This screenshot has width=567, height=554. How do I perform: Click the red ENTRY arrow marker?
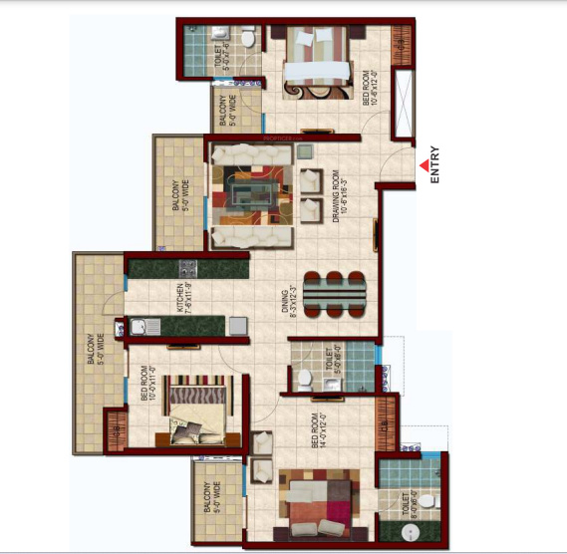[x=425, y=165]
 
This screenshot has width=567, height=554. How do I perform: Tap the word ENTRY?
[x=435, y=165]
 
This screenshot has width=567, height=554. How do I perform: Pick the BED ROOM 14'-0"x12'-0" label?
[x=317, y=430]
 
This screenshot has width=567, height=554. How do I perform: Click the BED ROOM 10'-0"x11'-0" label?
[x=147, y=385]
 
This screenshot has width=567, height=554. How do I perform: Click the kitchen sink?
[x=142, y=325]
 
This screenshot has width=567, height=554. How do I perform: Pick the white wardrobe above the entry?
[x=404, y=103]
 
